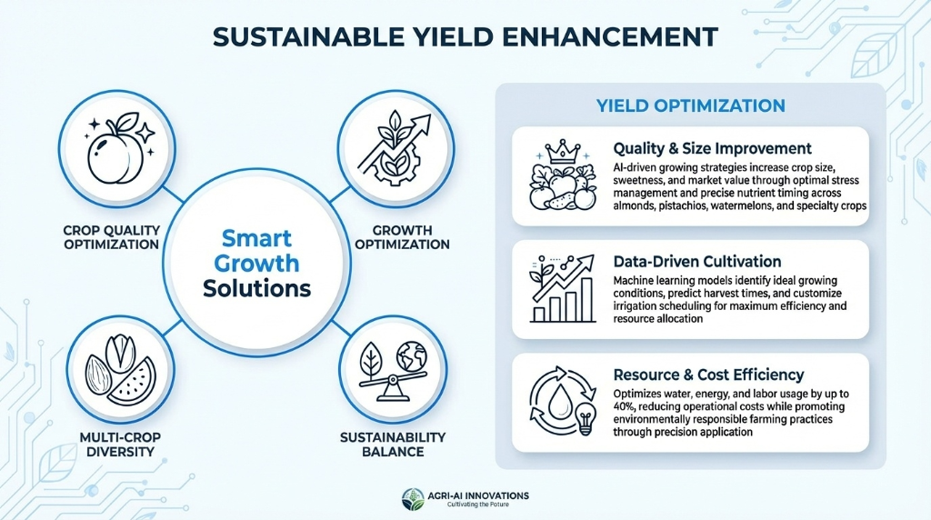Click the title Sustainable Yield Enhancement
coord(465,36)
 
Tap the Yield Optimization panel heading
coord(690,105)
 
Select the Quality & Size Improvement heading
coord(712,148)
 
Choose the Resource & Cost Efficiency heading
coord(708,374)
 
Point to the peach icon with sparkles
coord(115,151)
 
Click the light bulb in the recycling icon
coord(586,420)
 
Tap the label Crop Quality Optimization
coord(113,236)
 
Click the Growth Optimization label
coord(402,236)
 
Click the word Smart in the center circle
coord(257,240)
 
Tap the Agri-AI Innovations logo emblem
coord(413,498)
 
